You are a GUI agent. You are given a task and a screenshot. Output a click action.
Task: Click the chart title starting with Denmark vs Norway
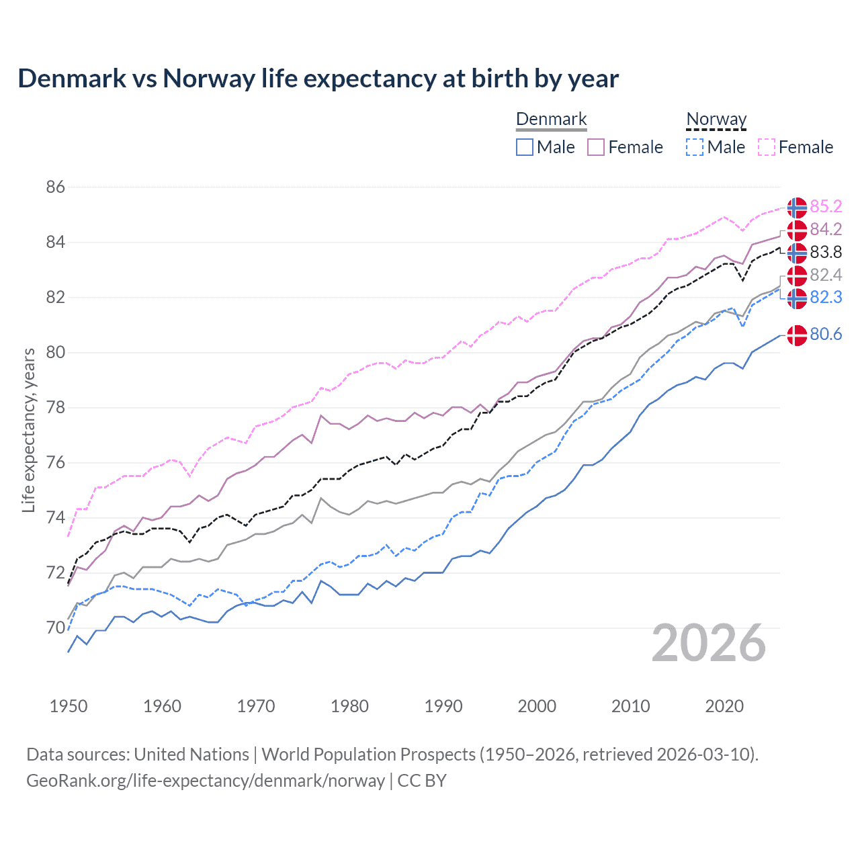point(318,79)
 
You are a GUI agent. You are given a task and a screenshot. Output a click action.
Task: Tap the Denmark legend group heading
point(551,120)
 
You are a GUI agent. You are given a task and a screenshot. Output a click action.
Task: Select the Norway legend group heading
point(716,120)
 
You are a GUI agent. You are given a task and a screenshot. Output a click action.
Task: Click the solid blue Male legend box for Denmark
point(525,147)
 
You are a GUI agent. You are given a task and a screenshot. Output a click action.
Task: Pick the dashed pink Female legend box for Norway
point(767,147)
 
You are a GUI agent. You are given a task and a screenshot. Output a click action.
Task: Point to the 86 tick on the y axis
point(56,187)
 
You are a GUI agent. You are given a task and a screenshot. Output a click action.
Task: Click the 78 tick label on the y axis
point(56,407)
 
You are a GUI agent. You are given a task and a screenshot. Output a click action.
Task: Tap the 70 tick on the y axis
point(56,628)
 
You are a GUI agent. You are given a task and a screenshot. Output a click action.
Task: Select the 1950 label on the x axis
point(69,706)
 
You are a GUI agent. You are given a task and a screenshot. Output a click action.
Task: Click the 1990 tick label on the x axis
point(443,706)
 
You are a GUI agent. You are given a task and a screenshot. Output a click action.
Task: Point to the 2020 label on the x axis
point(724,706)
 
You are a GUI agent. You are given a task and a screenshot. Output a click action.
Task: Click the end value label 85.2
point(826,206)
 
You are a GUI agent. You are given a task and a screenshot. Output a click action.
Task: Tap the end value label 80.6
point(826,334)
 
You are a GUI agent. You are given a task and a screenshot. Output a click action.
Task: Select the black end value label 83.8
point(826,252)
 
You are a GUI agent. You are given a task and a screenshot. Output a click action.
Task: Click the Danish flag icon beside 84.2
point(797,230)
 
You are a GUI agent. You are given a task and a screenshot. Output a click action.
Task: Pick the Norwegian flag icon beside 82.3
point(797,298)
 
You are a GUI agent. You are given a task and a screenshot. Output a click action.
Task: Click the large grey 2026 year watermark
point(709,643)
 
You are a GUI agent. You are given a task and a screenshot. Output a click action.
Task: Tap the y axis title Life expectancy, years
point(29,430)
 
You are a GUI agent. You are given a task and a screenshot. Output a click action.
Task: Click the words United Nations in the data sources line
point(191,755)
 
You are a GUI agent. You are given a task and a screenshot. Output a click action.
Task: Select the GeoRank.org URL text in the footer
point(206,781)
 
